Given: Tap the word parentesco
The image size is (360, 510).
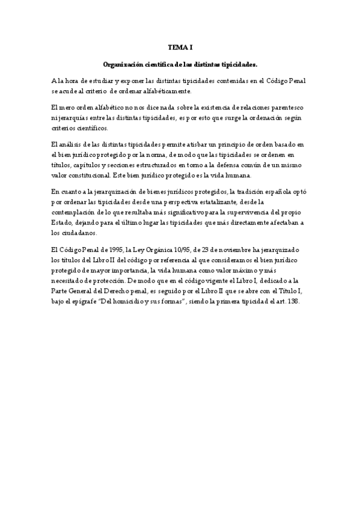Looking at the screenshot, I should click(291, 107).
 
